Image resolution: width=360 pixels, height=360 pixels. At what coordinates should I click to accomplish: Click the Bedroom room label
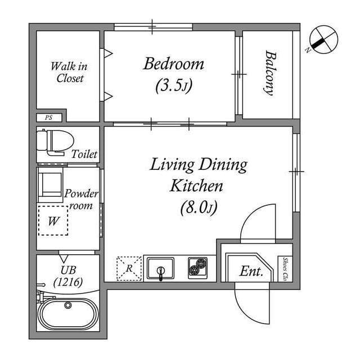[x=173, y=64]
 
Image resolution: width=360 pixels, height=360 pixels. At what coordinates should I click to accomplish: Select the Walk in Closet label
[x=69, y=73]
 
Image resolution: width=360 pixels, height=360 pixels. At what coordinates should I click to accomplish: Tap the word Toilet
[x=84, y=154]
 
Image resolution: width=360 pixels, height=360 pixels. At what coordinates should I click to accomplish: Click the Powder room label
[x=81, y=199]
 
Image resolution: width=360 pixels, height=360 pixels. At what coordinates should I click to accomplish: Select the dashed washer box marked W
[x=53, y=221]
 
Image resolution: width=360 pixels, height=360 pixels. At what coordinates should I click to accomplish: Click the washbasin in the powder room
[x=51, y=184]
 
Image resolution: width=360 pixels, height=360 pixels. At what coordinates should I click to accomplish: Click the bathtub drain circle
[x=68, y=305]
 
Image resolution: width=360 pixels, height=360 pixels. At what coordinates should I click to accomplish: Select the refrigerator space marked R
[x=129, y=268]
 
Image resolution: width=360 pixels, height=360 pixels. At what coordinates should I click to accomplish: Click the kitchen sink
[x=161, y=268]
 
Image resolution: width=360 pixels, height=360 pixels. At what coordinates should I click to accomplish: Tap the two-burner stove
[x=197, y=268]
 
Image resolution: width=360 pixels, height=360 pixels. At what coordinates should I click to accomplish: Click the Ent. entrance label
[x=251, y=271]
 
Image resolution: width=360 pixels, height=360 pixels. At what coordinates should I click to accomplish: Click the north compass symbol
[x=323, y=40]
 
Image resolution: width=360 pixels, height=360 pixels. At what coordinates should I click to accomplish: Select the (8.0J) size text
[x=198, y=208]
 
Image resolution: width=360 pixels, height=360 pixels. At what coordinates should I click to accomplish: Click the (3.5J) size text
[x=174, y=86]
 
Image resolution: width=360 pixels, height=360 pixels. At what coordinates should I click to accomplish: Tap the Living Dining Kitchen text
[x=198, y=175]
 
